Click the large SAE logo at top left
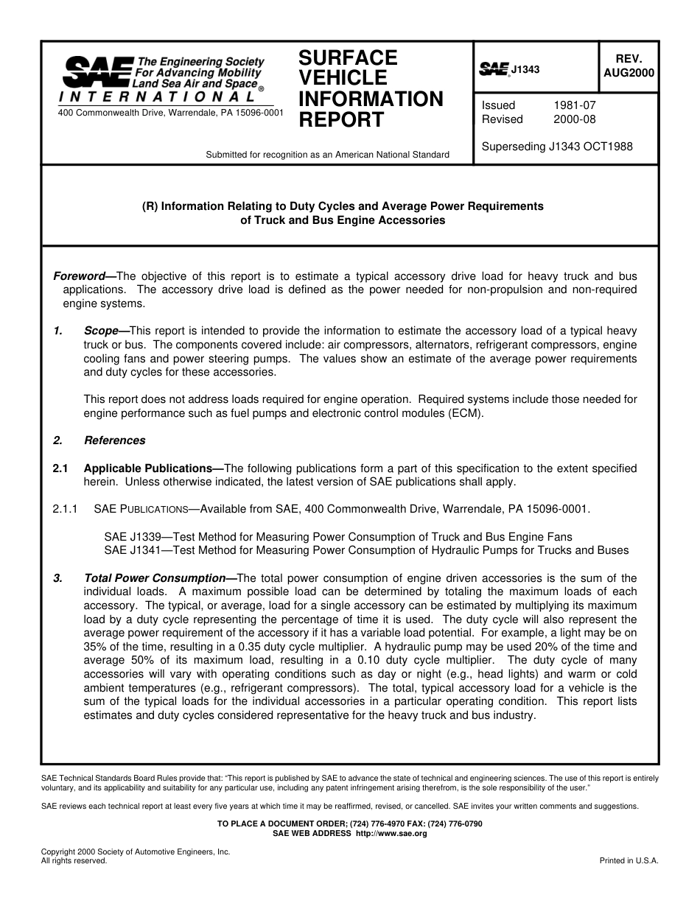(97, 72)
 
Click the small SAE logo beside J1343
(494, 69)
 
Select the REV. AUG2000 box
(628, 66)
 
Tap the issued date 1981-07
(574, 105)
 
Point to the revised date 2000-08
(574, 119)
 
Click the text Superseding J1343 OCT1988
(556, 147)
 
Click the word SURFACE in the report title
(348, 58)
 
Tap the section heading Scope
(101, 331)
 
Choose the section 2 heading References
(114, 440)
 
